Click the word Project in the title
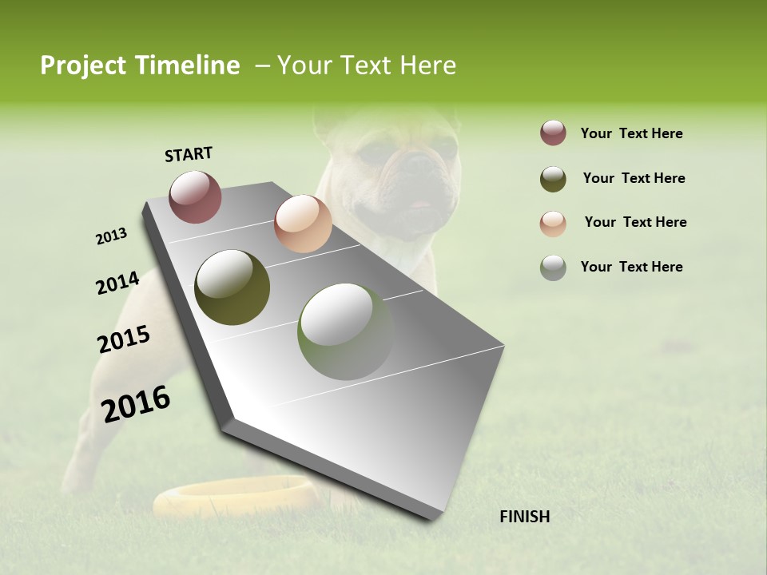[81, 65]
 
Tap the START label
[189, 154]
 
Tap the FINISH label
[525, 517]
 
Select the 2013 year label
[112, 236]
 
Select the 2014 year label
[118, 283]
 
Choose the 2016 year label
[136, 404]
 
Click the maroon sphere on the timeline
[196, 196]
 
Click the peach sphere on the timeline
[303, 224]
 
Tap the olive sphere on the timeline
[232, 287]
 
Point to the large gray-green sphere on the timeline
[345, 331]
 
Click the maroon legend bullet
[553, 133]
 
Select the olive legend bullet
[553, 179]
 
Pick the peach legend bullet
[553, 224]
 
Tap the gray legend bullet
[553, 268]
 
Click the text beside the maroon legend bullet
[632, 134]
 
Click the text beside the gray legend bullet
[632, 267]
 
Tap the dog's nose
[417, 165]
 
